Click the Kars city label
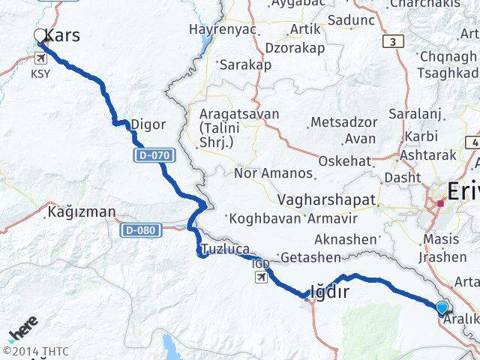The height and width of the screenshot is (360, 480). click(x=63, y=35)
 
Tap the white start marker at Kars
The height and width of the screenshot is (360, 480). click(x=40, y=35)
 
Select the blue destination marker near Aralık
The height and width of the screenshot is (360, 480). click(x=442, y=307)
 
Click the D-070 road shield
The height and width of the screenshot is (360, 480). click(x=154, y=156)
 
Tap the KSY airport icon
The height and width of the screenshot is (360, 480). click(x=38, y=58)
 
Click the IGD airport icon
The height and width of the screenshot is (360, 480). click(x=260, y=277)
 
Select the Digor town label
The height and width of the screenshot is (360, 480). click(x=148, y=124)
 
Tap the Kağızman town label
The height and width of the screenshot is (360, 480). click(x=82, y=211)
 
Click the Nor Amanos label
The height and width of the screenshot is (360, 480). click(x=273, y=173)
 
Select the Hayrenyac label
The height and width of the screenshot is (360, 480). click(x=223, y=29)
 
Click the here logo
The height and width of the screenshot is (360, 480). click(x=22, y=330)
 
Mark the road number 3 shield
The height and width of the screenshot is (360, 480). click(x=391, y=42)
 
